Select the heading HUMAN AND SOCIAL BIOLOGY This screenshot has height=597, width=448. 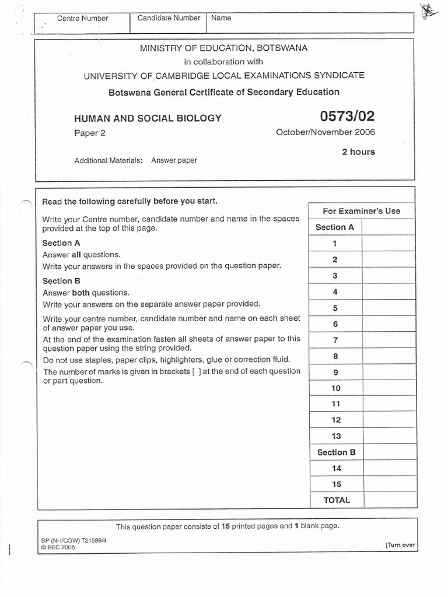point(148,118)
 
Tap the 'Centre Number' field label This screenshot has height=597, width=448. point(82,18)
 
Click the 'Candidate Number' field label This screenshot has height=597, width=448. point(169,18)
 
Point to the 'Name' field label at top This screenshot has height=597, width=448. point(221,18)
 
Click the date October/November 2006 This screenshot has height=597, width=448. point(325,132)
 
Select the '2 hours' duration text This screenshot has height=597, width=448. point(358,152)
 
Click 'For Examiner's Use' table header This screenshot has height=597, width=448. point(361,211)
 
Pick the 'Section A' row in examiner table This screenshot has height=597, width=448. point(334,227)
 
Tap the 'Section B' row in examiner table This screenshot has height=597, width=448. point(336,452)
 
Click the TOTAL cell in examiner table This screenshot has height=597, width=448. point(336,500)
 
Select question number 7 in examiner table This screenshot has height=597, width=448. point(335,340)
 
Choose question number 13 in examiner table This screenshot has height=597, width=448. point(335,436)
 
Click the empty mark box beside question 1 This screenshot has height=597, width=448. point(388,244)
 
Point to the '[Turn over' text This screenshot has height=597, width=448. point(400,545)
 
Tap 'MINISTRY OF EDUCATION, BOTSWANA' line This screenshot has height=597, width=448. point(224,48)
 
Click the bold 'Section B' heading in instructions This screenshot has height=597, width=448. point(61,281)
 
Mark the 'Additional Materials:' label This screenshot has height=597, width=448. point(108,160)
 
